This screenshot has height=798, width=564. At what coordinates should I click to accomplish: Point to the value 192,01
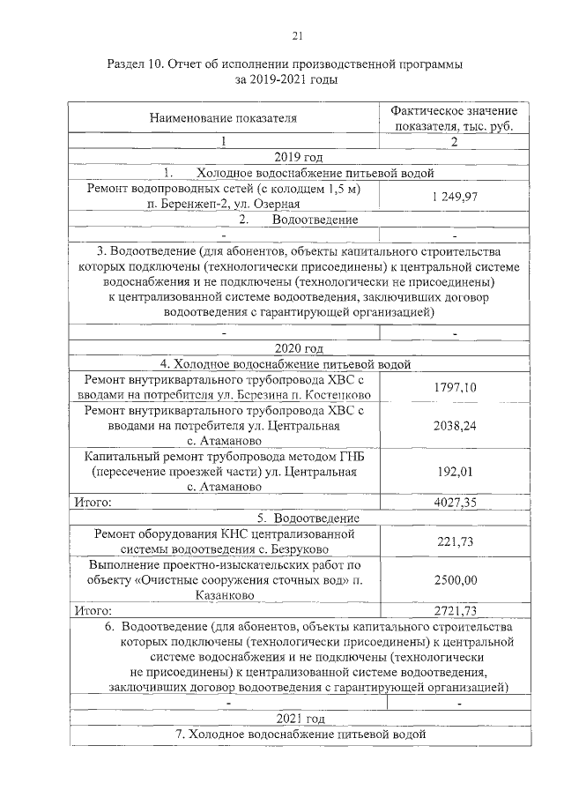[x=455, y=472]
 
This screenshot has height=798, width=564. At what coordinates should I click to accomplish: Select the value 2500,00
[x=455, y=579]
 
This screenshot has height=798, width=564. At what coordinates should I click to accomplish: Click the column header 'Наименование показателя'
[x=223, y=116]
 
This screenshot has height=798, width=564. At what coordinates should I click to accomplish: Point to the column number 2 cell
[x=455, y=142]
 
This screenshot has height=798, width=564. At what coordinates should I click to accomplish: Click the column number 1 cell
[x=223, y=142]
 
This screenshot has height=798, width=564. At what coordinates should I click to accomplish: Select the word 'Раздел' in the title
[x=128, y=65]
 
